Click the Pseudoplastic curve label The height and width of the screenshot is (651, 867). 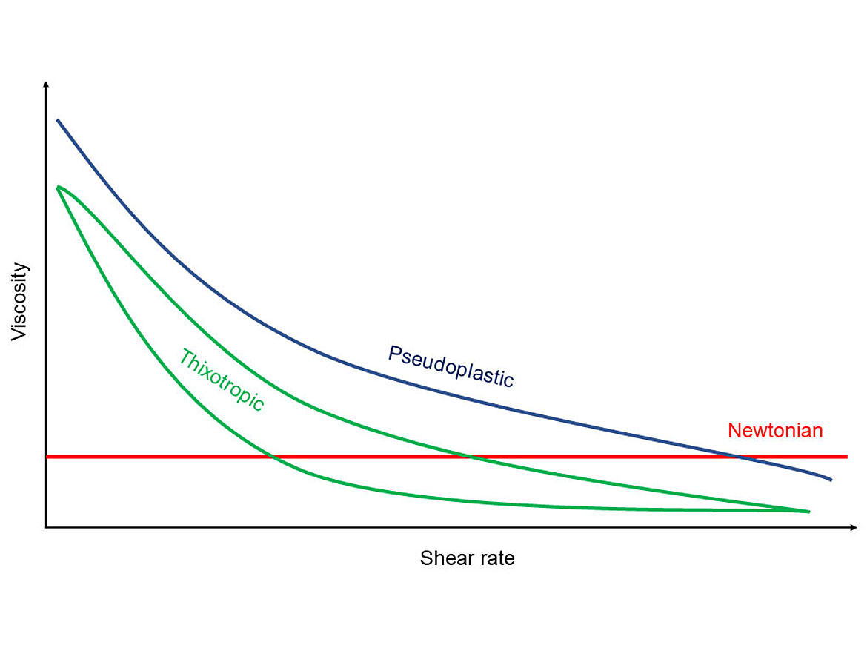coord(451,366)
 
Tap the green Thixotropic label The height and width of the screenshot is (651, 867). coord(221,380)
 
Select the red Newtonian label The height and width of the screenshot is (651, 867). coord(775,431)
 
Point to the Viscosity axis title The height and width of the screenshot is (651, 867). coord(19,302)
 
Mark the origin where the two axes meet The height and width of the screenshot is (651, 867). coord(47,527)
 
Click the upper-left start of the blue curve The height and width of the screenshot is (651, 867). coord(58,120)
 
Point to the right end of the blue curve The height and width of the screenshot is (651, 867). coord(831,480)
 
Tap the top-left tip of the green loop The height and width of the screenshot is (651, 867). coord(58,188)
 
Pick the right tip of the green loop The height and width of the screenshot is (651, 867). coord(808,512)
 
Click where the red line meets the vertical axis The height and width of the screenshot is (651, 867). coord(47,457)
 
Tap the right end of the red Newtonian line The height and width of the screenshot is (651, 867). coord(846,457)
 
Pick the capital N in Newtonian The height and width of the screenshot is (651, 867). coord(734,431)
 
